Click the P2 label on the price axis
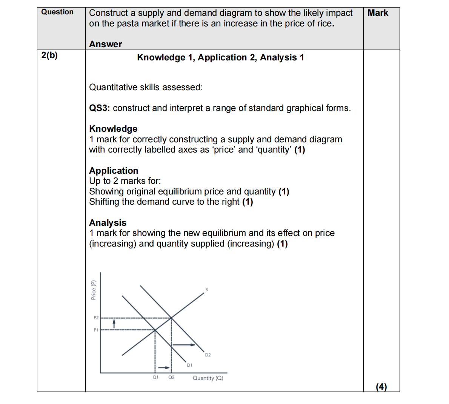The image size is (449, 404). [96, 318]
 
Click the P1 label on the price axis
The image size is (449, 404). [96, 330]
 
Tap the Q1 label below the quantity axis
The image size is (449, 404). [155, 377]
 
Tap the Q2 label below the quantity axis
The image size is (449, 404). [171, 377]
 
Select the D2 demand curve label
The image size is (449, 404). [208, 355]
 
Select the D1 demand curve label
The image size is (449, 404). [189, 365]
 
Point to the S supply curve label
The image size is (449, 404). [206, 290]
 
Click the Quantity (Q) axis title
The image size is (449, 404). [208, 378]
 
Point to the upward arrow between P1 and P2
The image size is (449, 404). [114, 324]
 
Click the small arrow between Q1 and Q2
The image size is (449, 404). [163, 367]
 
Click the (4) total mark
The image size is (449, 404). [381, 387]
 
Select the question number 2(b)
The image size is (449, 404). [49, 56]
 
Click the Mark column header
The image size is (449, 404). [378, 13]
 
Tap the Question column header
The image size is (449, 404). [57, 12]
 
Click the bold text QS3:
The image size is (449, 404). [99, 108]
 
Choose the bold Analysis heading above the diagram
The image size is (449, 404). [108, 223]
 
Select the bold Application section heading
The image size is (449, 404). [114, 171]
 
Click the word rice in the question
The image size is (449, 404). [324, 24]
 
